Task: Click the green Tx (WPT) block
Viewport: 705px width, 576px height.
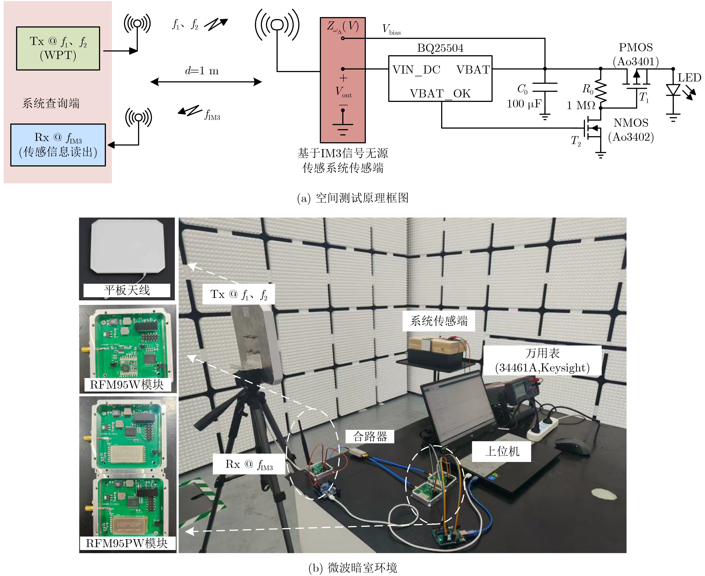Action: tap(58, 48)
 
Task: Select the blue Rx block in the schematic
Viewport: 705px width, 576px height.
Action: tap(58, 145)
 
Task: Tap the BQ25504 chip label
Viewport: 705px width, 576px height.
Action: tap(440, 48)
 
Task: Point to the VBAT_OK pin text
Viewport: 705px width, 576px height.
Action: tap(440, 94)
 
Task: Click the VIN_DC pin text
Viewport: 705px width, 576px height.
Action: tap(416, 70)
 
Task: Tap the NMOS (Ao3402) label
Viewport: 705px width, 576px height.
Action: tap(631, 130)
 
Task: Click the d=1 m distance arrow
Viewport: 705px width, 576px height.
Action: tap(206, 82)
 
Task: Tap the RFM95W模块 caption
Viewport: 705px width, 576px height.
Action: tap(127, 385)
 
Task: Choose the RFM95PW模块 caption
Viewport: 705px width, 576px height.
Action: tap(127, 543)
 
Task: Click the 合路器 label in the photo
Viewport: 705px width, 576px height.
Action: tap(370, 436)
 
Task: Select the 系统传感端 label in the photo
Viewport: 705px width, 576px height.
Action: tap(439, 321)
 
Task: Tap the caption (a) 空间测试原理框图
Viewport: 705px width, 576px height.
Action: tap(352, 198)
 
